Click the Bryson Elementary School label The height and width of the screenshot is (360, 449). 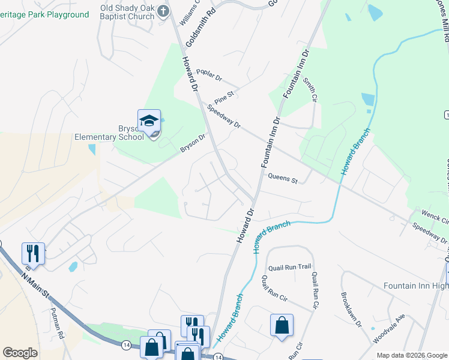pyautogui.click(x=109, y=132)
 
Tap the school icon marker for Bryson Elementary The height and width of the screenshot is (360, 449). pyautogui.click(x=149, y=122)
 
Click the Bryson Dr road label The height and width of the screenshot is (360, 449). pyautogui.click(x=193, y=143)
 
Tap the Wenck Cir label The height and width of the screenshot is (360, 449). pyautogui.click(x=435, y=217)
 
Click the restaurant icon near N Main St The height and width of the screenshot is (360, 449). pyautogui.click(x=33, y=253)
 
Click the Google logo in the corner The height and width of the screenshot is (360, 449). pyautogui.click(x=20, y=353)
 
